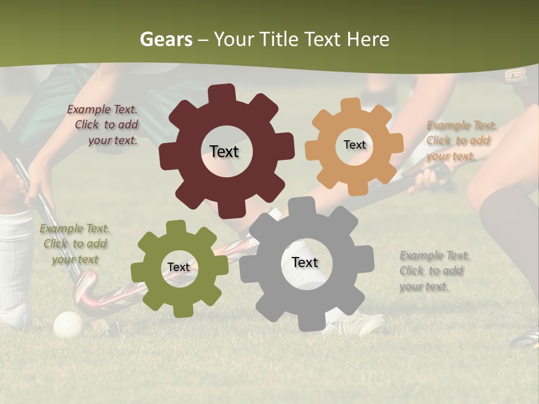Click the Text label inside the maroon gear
pyautogui.click(x=224, y=151)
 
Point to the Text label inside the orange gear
pyautogui.click(x=354, y=145)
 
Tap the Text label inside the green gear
pyautogui.click(x=179, y=267)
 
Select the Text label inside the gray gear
pyautogui.click(x=305, y=262)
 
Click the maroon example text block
pyautogui.click(x=104, y=125)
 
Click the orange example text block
pyautogui.click(x=460, y=141)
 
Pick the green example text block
pyautogui.click(x=75, y=244)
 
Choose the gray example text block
pyautogui.click(x=433, y=271)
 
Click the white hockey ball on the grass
pyautogui.click(x=68, y=325)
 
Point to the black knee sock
pyautogui.click(x=508, y=224)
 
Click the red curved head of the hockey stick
pyautogui.click(x=84, y=292)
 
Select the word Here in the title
pyautogui.click(x=368, y=39)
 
